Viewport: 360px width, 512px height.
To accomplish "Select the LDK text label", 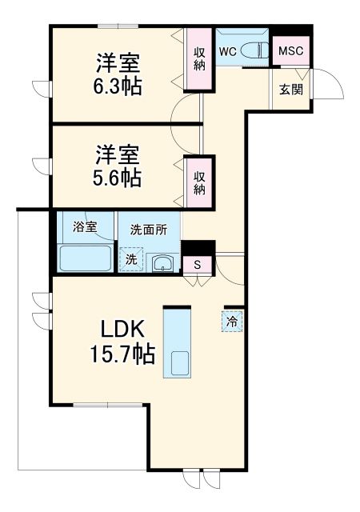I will click(x=122, y=329).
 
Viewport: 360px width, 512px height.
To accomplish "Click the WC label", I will click(x=226, y=52).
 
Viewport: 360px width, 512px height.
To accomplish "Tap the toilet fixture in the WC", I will click(x=254, y=50).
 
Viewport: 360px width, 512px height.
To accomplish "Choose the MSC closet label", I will click(x=290, y=51).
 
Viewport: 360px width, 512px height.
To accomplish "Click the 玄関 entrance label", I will click(x=291, y=90).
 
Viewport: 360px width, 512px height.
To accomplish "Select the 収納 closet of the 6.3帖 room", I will click(x=199, y=60).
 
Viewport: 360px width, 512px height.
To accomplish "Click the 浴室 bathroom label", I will click(x=85, y=227).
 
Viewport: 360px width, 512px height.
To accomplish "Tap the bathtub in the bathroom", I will click(x=85, y=258).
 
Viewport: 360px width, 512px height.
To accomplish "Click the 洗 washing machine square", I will click(x=130, y=258).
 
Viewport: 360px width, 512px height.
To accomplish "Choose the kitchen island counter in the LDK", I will click(x=177, y=343).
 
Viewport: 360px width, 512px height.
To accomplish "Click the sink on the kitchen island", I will click(x=178, y=363).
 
